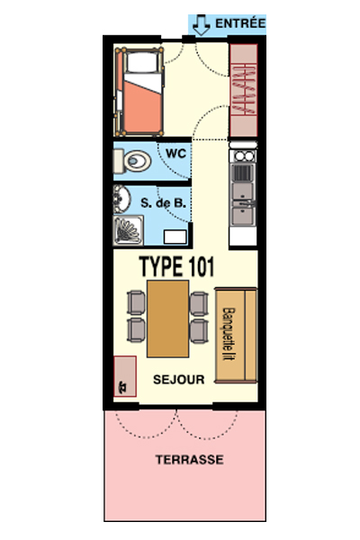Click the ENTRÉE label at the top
tap(240, 23)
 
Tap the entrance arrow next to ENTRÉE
tap(202, 25)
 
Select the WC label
tap(175, 153)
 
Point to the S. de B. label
tap(163, 202)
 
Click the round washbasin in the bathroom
tap(121, 199)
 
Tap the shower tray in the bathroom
tap(128, 230)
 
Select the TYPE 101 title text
tap(176, 266)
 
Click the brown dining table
tap(167, 319)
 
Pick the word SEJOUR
tap(179, 380)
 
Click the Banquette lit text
tap(228, 334)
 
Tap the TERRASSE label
tap(189, 459)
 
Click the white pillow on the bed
tap(142, 62)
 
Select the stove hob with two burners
tap(244, 156)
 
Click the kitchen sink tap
tap(247, 203)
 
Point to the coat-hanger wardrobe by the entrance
tap(244, 90)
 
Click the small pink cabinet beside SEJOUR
tap(125, 376)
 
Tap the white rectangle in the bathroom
tap(175, 237)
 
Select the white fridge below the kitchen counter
tap(243, 236)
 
